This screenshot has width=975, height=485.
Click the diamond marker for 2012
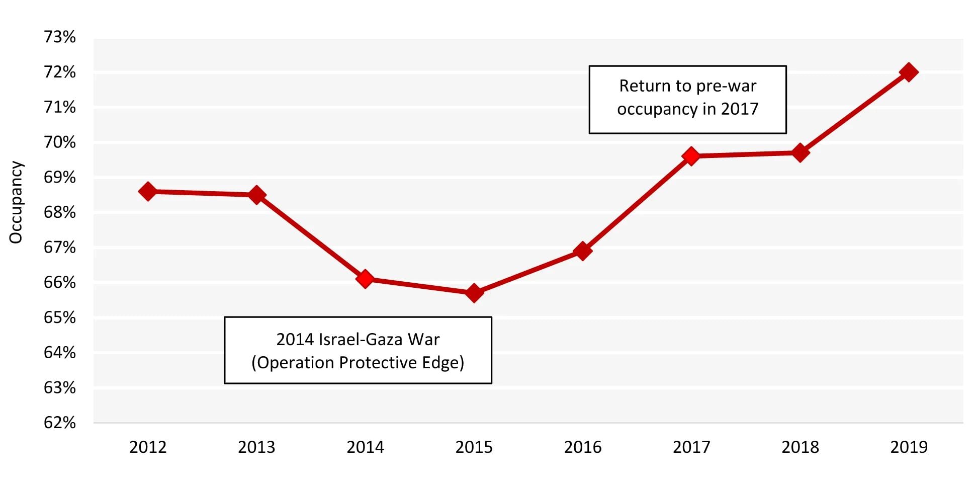pos(147,191)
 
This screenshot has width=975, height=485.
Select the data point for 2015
pos(474,293)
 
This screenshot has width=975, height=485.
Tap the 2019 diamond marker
pos(909,72)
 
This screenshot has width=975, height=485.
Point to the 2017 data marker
pos(691,156)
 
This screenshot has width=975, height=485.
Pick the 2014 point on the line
pos(365,279)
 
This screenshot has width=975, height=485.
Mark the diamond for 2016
pos(582,251)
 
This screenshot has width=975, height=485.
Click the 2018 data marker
pos(800,152)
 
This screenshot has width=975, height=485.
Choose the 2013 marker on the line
pos(256,195)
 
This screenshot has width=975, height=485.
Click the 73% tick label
pos(59,37)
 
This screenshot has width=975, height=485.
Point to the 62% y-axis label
pos(59,422)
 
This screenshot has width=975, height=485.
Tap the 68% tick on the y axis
pos(59,212)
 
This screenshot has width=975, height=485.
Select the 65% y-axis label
pos(59,317)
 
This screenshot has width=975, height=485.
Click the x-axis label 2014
pos(365,447)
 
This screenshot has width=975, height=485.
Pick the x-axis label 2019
pos(909,447)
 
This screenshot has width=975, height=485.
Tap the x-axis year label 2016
pos(582,447)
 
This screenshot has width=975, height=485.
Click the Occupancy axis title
pos(16,202)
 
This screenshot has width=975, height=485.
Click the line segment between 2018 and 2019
pos(854,112)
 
